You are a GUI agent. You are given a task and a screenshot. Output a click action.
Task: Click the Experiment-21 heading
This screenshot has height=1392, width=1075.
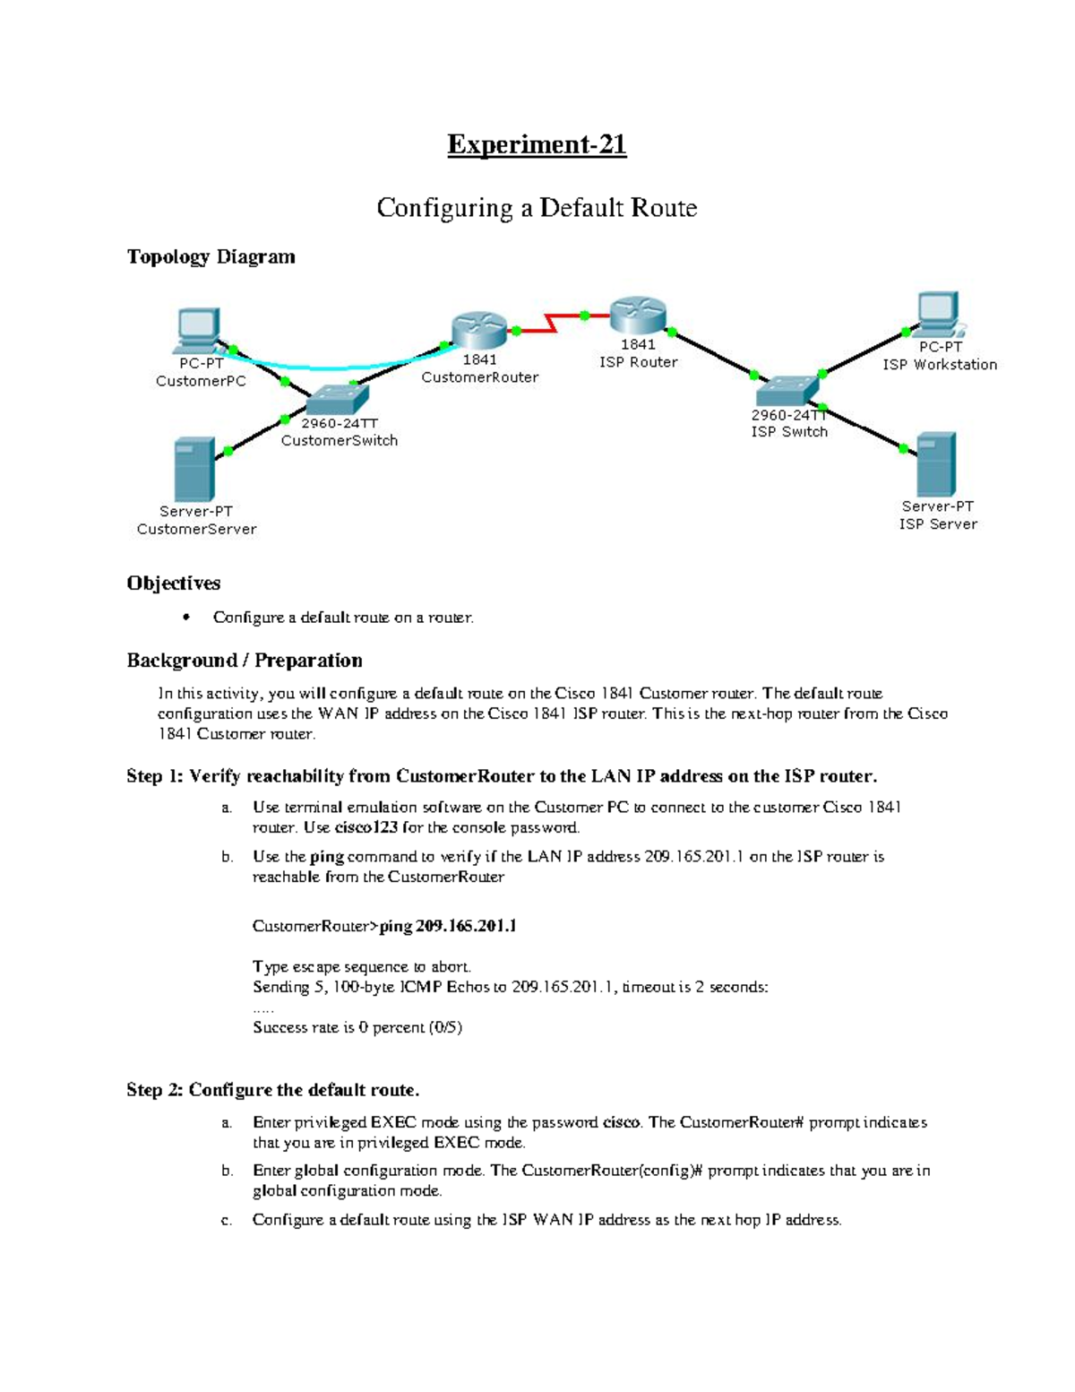click(x=537, y=144)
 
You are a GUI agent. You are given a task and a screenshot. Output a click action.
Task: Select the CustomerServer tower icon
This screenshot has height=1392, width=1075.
click(x=193, y=469)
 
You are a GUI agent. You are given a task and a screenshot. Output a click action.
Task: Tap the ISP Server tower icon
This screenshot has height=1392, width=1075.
click(x=936, y=464)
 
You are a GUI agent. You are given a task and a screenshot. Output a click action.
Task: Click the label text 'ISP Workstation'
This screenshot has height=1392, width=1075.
click(x=939, y=365)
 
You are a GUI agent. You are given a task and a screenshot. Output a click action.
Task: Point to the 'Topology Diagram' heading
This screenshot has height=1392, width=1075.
click(x=211, y=257)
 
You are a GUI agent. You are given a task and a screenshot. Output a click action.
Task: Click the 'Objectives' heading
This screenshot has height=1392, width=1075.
click(x=173, y=584)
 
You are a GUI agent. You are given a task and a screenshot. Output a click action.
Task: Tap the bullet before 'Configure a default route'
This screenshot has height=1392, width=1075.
click(x=186, y=617)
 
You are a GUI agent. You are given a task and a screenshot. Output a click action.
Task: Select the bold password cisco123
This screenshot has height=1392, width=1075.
click(x=365, y=827)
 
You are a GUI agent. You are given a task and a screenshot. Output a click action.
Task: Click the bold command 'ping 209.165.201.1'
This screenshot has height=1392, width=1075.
click(x=448, y=926)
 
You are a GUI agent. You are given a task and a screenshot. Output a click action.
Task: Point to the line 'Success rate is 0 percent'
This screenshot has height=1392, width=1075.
click(x=357, y=1027)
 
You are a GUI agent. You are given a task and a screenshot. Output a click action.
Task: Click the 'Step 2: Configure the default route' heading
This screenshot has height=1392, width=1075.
click(x=272, y=1090)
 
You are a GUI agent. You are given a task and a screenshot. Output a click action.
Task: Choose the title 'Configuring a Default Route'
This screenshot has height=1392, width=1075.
click(x=537, y=208)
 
